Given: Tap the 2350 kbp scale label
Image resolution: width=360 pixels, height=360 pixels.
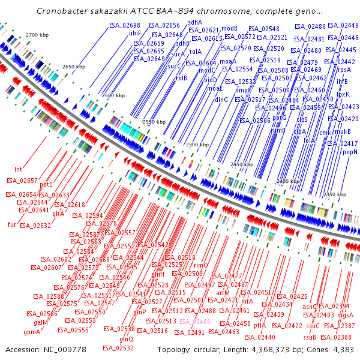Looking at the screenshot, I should click(334, 194).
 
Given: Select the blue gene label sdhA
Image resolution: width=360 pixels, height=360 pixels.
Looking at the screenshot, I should click(196, 22).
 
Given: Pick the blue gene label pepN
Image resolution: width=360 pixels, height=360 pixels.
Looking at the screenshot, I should click(350, 152).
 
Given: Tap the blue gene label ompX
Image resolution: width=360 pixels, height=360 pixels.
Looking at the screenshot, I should click(242, 89).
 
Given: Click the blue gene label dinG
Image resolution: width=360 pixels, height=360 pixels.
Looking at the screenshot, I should click(221, 99).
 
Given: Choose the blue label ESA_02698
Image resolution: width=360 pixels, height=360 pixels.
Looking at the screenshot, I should click(125, 25).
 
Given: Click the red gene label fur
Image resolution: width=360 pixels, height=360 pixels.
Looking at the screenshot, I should click(11, 224).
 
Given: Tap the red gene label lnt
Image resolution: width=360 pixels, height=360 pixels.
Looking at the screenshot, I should click(18, 170).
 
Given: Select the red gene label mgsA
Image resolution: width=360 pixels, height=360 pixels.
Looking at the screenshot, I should click(345, 314).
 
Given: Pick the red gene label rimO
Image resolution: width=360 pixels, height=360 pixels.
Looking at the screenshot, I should click(200, 265).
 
